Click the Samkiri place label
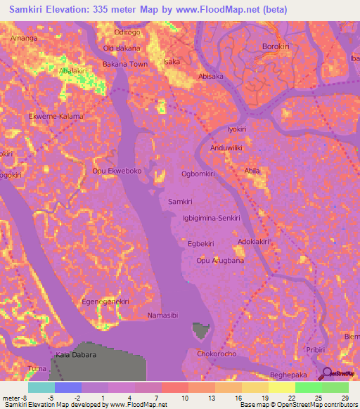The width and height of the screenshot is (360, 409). pyautogui.click(x=181, y=202)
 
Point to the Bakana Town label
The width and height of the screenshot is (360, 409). pyautogui.click(x=125, y=64)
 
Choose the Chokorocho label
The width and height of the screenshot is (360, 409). pyautogui.click(x=217, y=354)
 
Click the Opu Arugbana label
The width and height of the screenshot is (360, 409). pyautogui.click(x=220, y=261)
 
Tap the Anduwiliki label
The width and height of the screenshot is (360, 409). pyautogui.click(x=226, y=148)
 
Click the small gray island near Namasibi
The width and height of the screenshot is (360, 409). pyautogui.click(x=200, y=328)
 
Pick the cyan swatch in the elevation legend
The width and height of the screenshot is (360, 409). pyautogui.click(x=41, y=387)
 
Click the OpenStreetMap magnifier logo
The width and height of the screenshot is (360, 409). pyautogui.click(x=326, y=374)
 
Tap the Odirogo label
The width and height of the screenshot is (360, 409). pyautogui.click(x=128, y=32)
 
